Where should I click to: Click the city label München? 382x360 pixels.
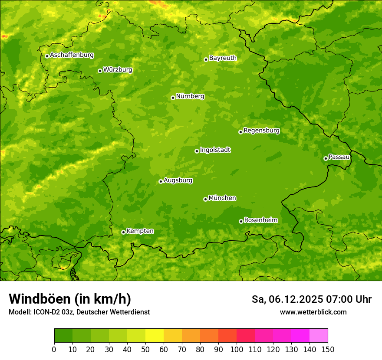click(x=222, y=198)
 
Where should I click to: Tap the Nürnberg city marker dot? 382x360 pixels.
click(x=173, y=98)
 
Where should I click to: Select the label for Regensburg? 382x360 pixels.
click(x=261, y=131)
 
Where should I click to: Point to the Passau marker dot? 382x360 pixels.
click(x=326, y=158)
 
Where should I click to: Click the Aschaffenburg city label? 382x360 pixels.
click(x=72, y=55)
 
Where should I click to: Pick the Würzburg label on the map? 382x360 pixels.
click(x=118, y=70)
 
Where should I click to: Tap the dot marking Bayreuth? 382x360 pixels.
click(x=206, y=59)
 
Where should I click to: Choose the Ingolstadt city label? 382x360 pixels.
click(x=215, y=150)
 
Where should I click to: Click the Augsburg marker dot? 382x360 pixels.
click(x=161, y=181)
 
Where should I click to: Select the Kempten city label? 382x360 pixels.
click(x=140, y=231)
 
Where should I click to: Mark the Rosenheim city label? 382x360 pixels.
click(x=260, y=220)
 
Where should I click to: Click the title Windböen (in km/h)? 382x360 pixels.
click(x=70, y=299)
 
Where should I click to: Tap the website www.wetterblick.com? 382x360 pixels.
click(x=313, y=312)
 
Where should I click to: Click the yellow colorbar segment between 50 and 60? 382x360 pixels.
click(x=155, y=336)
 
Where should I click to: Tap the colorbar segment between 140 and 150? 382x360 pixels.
click(x=319, y=336)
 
